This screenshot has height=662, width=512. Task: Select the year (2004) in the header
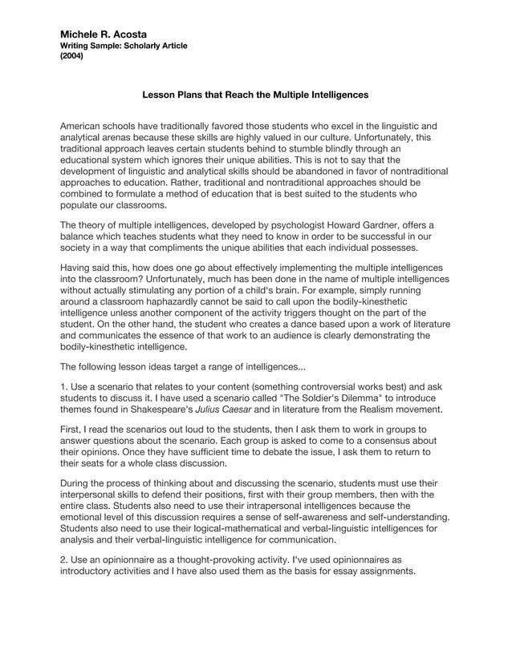(x=74, y=57)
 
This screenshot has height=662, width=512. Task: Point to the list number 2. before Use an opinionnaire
(x=65, y=560)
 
